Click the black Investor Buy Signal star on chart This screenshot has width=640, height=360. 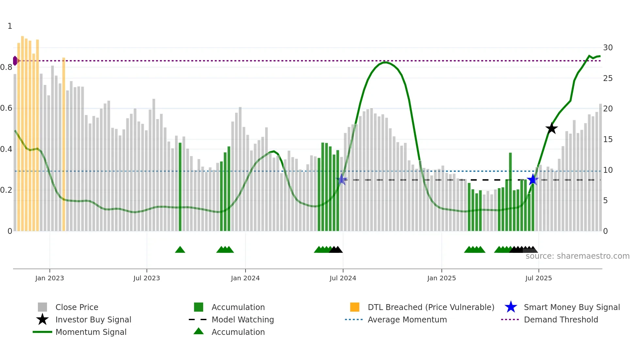pos(552,128)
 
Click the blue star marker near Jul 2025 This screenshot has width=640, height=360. pos(533,179)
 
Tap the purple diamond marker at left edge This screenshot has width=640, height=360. pos(15,61)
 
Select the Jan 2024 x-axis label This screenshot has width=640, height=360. pos(245,278)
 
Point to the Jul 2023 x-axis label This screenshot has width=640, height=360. pos(147,278)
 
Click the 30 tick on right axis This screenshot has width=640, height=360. pos(608,48)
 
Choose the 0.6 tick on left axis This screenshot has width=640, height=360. pos(7,108)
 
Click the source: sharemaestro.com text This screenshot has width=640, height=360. pos(577,256)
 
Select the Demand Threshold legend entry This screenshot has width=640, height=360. pos(561,319)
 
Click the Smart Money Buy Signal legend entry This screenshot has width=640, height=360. pos(571,307)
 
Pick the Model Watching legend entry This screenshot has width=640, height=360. pos(242,319)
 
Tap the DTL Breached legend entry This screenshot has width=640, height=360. pos(431,307)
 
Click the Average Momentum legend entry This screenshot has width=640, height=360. pos(407,319)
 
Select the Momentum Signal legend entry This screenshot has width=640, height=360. pos(90,332)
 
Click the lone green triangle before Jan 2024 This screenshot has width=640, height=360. pos(180,250)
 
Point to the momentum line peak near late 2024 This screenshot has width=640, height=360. pos(386,62)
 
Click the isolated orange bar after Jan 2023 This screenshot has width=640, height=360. pos(64,144)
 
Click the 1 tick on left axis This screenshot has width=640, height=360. pos(10,26)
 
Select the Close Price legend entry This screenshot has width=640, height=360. pos(76,307)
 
